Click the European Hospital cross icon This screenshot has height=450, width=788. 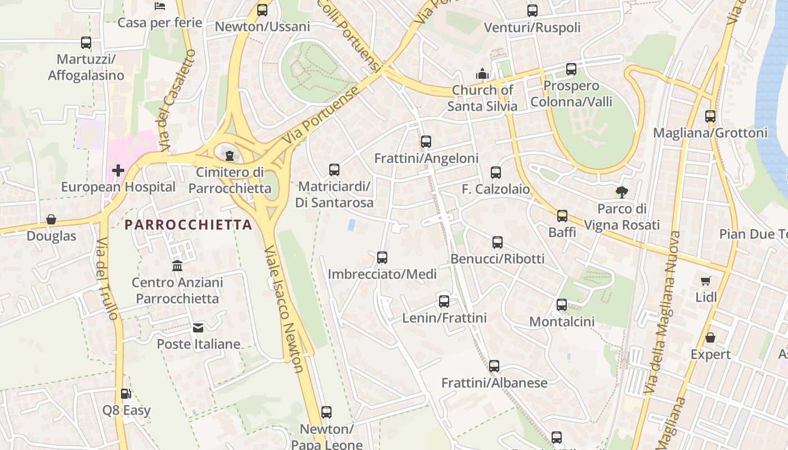118,170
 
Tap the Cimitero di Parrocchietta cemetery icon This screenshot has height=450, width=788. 230,155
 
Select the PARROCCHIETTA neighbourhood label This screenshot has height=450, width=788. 188,225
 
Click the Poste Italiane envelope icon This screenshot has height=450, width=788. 198,327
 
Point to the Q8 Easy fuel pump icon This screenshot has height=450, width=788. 126,394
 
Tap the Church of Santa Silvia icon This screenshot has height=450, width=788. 482,74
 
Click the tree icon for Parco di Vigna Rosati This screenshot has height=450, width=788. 621,192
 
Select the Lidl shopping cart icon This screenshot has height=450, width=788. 706,281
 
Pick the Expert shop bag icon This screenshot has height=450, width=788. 710,338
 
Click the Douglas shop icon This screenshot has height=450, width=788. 51,219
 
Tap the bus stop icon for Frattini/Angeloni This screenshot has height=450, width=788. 426,142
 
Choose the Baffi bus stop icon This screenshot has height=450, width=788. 562,216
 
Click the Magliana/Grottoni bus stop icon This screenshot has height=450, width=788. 710,116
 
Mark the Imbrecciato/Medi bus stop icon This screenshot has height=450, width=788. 382,258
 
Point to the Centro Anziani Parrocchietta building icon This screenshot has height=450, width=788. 177,265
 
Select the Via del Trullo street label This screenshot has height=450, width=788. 107,279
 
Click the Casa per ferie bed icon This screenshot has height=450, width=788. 160,6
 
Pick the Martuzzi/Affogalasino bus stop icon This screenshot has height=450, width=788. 86,43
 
